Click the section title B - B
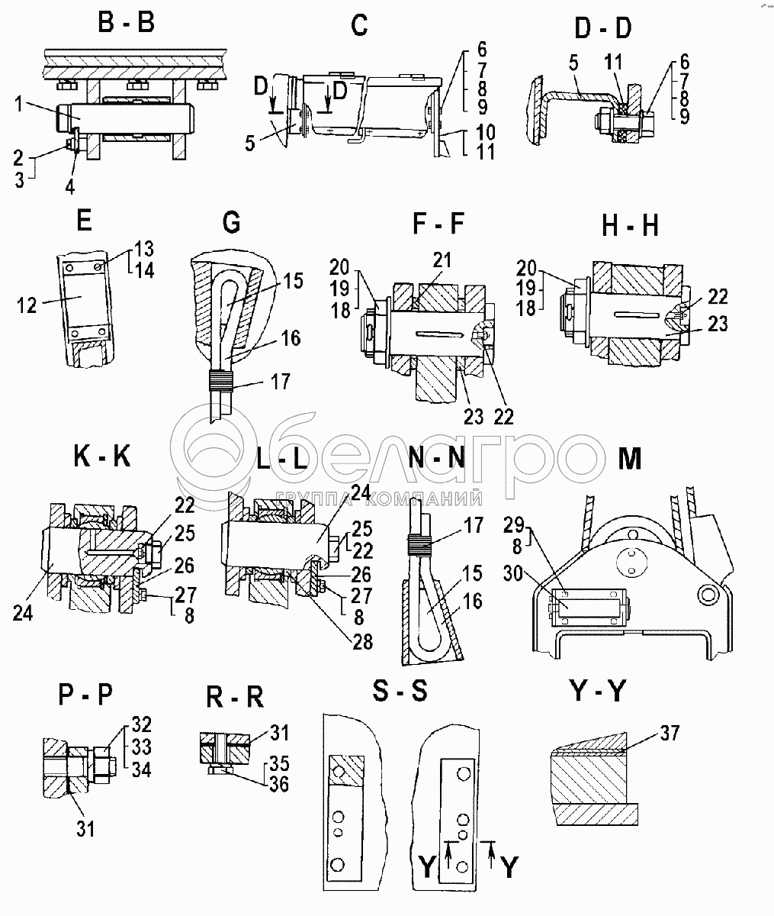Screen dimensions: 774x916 (126, 23)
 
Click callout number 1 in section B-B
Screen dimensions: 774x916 (18, 105)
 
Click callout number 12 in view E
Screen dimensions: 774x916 (27, 305)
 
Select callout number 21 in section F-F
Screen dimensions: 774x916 (442, 260)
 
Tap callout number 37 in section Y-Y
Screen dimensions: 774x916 (669, 733)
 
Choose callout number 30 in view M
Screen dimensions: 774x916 (512, 574)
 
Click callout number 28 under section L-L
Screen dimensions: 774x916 (362, 642)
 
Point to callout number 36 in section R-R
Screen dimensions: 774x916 (279, 784)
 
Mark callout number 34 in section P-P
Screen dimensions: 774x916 (142, 770)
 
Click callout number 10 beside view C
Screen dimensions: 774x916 (486, 132)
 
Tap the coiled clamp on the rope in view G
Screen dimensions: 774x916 (220, 380)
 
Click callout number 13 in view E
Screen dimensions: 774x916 (144, 249)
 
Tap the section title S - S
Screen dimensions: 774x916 (400, 691)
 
